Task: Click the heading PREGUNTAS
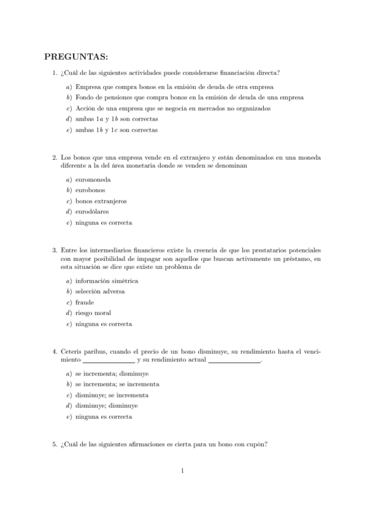(x=76, y=57)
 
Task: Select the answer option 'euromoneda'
(x=93, y=179)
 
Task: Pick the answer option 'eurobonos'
(x=92, y=190)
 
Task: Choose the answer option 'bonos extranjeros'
(x=101, y=201)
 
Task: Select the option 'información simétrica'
(x=107, y=281)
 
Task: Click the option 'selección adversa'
(x=100, y=291)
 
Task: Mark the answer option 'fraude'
(x=84, y=302)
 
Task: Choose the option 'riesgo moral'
(x=93, y=313)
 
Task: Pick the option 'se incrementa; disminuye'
(x=112, y=374)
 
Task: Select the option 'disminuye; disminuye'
(x=106, y=406)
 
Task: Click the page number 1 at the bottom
(x=183, y=470)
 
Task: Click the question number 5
(x=55, y=444)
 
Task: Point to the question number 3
(x=55, y=250)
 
